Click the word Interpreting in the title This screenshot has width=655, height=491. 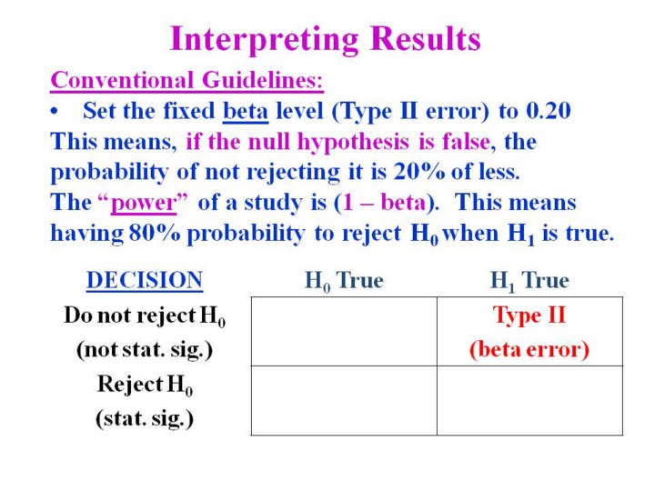(264, 40)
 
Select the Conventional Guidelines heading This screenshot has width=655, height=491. (186, 80)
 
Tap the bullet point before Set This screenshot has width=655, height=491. (54, 112)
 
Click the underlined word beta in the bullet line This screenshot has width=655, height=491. (246, 112)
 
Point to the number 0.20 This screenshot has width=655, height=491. (548, 111)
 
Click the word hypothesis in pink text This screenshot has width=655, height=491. (353, 143)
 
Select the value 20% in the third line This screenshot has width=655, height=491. (419, 172)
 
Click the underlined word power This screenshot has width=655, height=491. (144, 204)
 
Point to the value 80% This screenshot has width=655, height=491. (155, 233)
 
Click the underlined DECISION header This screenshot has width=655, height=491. (145, 280)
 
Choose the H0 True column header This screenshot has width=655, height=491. (344, 281)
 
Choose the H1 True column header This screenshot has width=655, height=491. (529, 281)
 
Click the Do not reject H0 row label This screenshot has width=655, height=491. (145, 316)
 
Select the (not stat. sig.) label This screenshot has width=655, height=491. (145, 349)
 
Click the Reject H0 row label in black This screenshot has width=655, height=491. (145, 384)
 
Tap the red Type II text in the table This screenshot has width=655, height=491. (529, 316)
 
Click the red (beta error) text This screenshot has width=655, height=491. (529, 349)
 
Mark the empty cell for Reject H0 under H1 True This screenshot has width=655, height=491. (529, 401)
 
